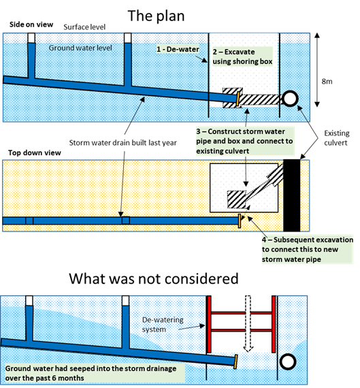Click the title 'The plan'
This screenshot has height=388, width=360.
[156, 16]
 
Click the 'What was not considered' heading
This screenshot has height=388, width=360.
[154, 278]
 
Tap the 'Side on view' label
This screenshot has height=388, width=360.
[31, 25]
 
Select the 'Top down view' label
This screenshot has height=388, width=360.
[35, 152]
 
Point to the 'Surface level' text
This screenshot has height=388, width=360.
[84, 27]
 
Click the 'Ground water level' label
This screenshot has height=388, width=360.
[80, 48]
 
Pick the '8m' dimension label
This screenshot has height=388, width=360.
[327, 82]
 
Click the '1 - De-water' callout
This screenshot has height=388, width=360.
[178, 49]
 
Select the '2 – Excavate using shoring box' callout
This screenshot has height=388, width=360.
[242, 56]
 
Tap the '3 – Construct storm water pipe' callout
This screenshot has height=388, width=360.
[244, 141]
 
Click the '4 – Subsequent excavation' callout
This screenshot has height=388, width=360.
[308, 249]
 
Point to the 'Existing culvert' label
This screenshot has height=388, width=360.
[337, 138]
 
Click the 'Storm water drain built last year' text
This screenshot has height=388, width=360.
[123, 143]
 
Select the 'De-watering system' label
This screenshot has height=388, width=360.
[163, 325]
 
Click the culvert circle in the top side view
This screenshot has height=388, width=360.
[290, 93]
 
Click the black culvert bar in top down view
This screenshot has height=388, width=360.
[292, 195]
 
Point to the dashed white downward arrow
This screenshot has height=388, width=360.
[248, 323]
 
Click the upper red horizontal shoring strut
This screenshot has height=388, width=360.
[241, 313]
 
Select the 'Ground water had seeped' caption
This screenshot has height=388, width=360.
[91, 373]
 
